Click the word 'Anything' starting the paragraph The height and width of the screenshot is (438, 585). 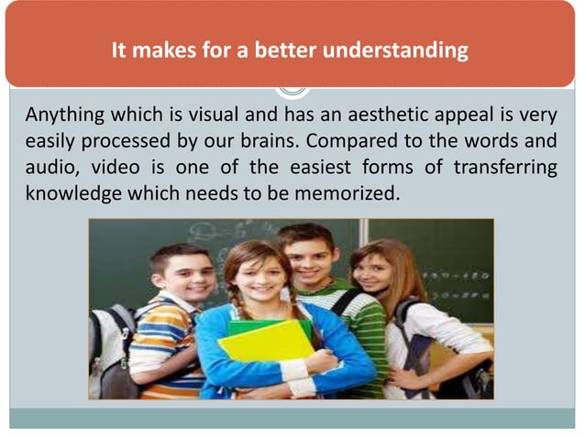tap(62, 117)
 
